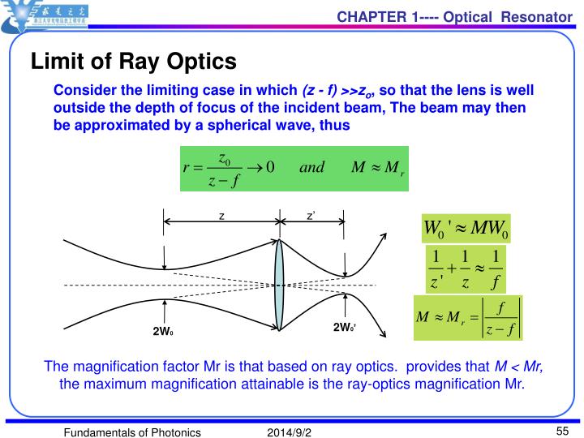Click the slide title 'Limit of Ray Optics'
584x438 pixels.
[x=133, y=61]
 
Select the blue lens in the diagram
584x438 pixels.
[x=279, y=284]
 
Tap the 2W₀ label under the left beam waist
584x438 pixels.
[x=164, y=332]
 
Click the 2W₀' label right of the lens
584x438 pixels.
[x=345, y=328]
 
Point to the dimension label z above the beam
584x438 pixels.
[x=221, y=216]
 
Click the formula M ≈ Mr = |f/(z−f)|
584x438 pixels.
[x=468, y=317]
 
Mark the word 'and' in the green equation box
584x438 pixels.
[x=311, y=167]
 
